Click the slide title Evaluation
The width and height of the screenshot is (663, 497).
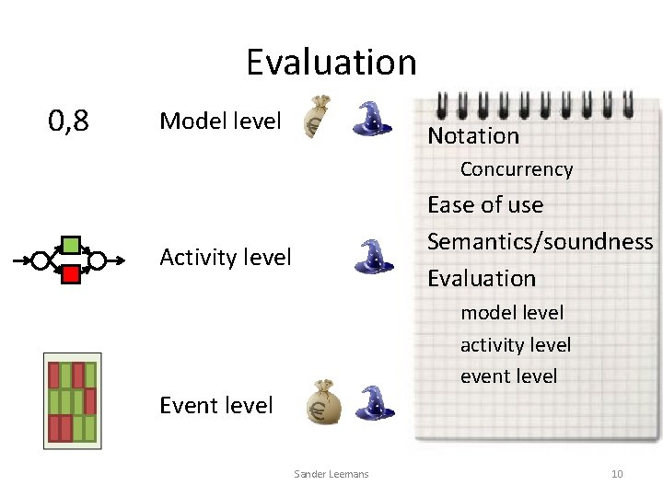click(x=331, y=63)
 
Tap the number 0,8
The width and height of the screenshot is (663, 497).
click(x=69, y=120)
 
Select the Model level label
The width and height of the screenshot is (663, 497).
click(x=220, y=121)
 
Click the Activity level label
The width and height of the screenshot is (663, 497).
click(x=226, y=257)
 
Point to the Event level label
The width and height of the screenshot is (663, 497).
click(x=216, y=405)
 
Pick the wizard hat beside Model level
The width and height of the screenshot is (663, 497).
click(x=374, y=119)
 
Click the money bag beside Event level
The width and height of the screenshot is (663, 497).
click(x=323, y=402)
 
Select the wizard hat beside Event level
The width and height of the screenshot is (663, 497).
click(x=374, y=401)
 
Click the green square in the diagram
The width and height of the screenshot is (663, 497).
click(x=69, y=246)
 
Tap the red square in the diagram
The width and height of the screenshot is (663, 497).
click(x=69, y=273)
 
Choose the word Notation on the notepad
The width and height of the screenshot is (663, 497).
click(x=473, y=136)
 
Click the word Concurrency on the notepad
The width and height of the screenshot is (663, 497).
click(x=516, y=169)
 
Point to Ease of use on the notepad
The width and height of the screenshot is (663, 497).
click(x=485, y=204)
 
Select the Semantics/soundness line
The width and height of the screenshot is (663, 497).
click(x=540, y=241)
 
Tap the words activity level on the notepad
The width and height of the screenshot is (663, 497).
click(x=516, y=345)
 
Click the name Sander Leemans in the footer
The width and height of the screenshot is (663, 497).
click(x=331, y=474)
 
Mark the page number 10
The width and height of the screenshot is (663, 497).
click(x=617, y=474)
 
